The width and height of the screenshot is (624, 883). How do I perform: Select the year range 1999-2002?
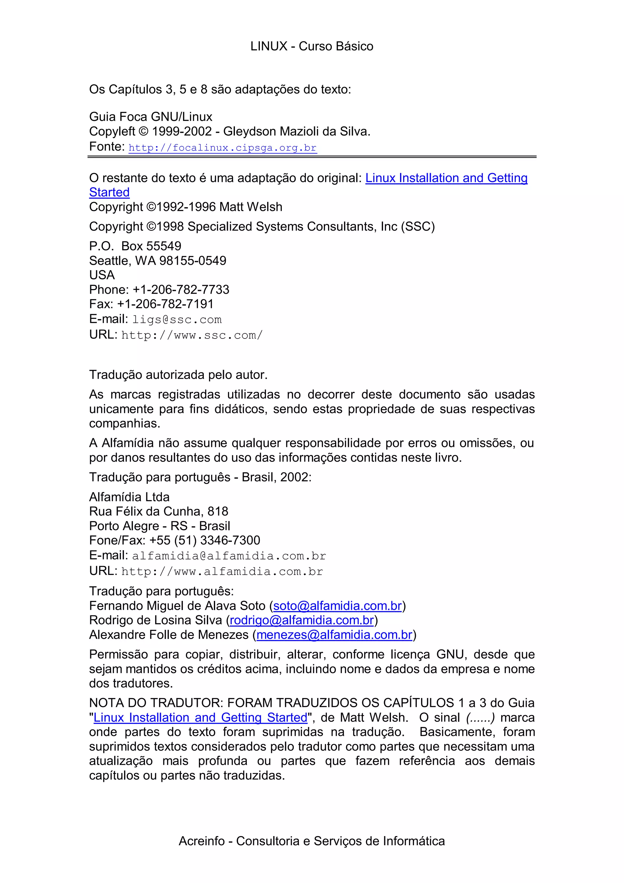(x=182, y=132)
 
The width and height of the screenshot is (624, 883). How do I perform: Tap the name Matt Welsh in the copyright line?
(x=251, y=207)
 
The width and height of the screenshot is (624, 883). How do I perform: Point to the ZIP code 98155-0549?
(x=193, y=261)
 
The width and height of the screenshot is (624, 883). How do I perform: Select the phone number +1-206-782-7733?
(x=181, y=289)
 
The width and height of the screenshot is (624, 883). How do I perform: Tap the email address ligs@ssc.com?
(x=177, y=320)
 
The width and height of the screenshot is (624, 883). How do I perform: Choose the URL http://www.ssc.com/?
(x=192, y=335)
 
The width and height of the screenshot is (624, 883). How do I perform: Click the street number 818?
(x=218, y=512)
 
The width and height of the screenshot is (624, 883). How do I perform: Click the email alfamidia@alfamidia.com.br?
(x=229, y=556)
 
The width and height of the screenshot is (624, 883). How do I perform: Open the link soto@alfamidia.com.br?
(x=337, y=606)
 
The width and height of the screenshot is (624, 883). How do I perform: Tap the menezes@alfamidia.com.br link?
(x=334, y=635)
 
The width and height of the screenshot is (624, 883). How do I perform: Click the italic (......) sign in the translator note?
(x=480, y=718)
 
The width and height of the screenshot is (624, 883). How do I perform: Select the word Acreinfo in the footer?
(x=201, y=841)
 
